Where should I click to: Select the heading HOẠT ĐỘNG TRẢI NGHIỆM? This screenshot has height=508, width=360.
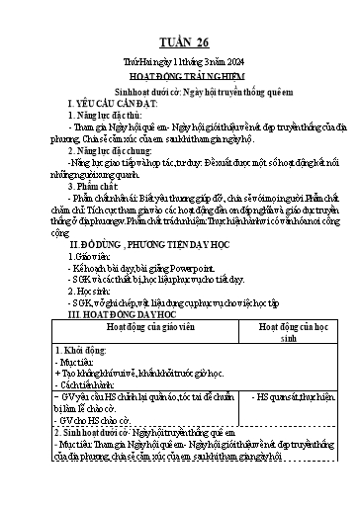tap(180, 77)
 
